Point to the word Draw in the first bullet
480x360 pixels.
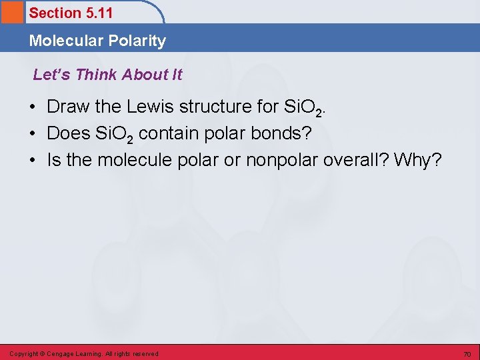pyautogui.click(x=67, y=107)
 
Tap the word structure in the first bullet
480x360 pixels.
pyautogui.click(x=211, y=107)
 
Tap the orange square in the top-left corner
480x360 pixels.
pyautogui.click(x=11, y=12)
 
